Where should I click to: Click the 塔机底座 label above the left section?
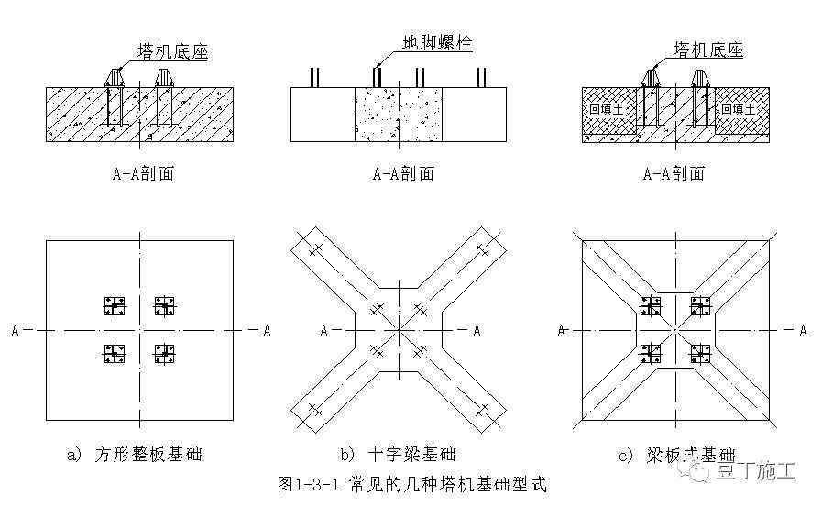pos(172,51)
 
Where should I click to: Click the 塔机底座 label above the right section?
pos(708,49)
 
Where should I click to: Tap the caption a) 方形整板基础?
pos(136,454)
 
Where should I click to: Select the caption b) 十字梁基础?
pos(398,454)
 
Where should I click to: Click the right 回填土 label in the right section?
pos(739,109)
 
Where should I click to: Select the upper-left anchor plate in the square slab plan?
pos(115,305)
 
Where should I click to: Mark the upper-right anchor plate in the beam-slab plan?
pos(701,305)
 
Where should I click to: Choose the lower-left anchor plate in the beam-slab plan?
pos(652,353)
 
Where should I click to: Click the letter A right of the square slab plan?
pos(267,330)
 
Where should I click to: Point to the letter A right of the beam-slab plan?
pos(803,330)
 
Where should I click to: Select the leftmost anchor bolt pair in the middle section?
pos(314,78)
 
